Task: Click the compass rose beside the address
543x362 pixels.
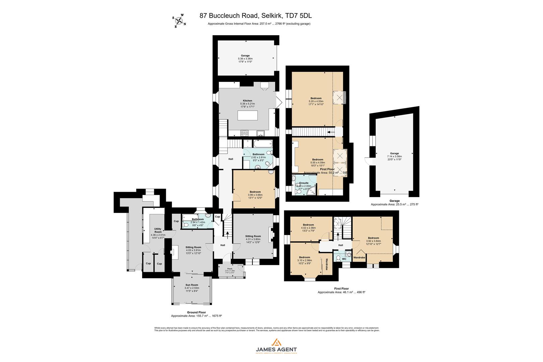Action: [179, 21]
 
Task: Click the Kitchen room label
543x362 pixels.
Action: [247, 101]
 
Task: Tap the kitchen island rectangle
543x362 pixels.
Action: [248, 115]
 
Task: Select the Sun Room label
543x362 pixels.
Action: [191, 285]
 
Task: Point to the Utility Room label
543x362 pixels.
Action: [158, 230]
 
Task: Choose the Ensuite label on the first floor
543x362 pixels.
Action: [304, 183]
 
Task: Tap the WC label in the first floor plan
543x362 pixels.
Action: [344, 259]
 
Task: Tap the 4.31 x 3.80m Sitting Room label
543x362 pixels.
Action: [253, 236]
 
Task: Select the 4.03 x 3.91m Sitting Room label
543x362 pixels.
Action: [193, 247]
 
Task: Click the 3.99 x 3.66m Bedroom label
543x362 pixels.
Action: [255, 192]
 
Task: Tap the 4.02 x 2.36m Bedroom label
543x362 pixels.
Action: [308, 225]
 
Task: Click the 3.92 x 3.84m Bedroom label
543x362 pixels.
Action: [373, 238]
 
